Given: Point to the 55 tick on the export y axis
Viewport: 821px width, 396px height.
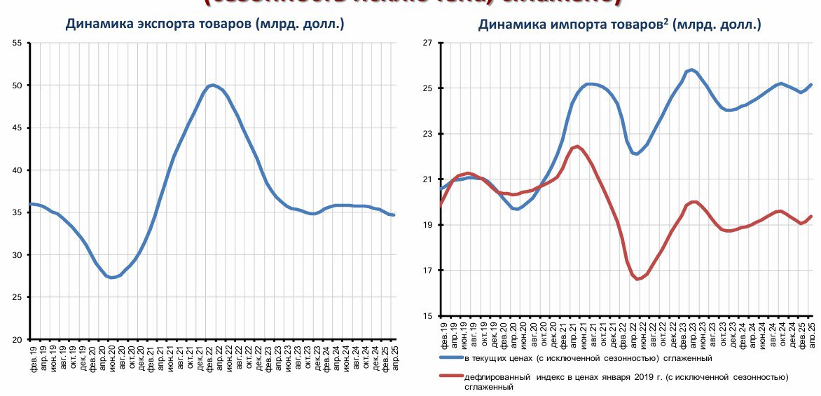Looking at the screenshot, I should (x=17, y=43).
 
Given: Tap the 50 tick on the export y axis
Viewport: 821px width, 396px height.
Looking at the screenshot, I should (x=17, y=86).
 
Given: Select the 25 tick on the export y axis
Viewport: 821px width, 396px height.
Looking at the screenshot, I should (x=17, y=297).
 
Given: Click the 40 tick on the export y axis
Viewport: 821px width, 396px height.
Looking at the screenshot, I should (x=17, y=170).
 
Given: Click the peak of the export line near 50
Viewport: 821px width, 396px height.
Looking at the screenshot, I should (x=212, y=85).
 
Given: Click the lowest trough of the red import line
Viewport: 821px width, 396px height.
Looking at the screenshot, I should (x=637, y=279).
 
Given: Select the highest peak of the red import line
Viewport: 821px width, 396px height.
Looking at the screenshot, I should (x=577, y=146).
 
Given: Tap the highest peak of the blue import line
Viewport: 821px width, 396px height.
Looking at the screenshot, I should (x=691, y=69).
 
